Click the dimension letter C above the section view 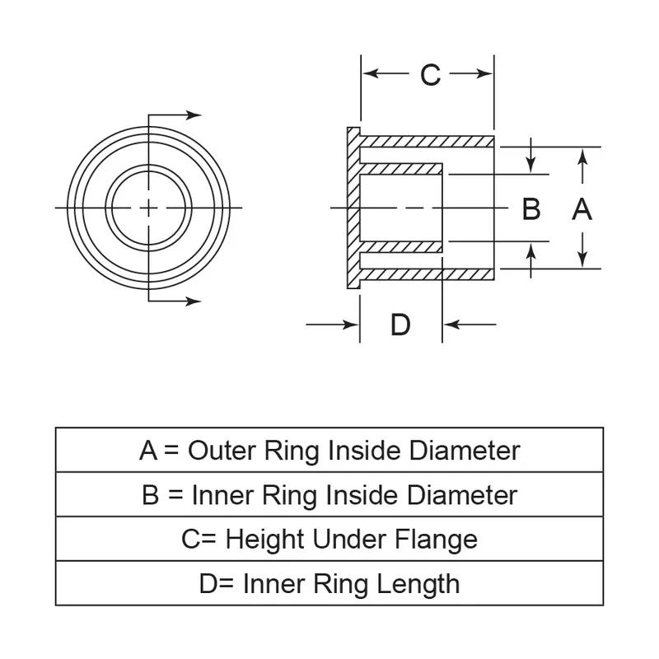430,75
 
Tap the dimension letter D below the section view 400,325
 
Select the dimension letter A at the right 582,209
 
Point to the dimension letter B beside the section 531,209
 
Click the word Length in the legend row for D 418,584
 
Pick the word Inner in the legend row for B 223,495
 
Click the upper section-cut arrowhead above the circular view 194,115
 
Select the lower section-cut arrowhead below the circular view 194,301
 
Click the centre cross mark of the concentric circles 148,208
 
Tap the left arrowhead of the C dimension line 369,74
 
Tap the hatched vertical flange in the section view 353,208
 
